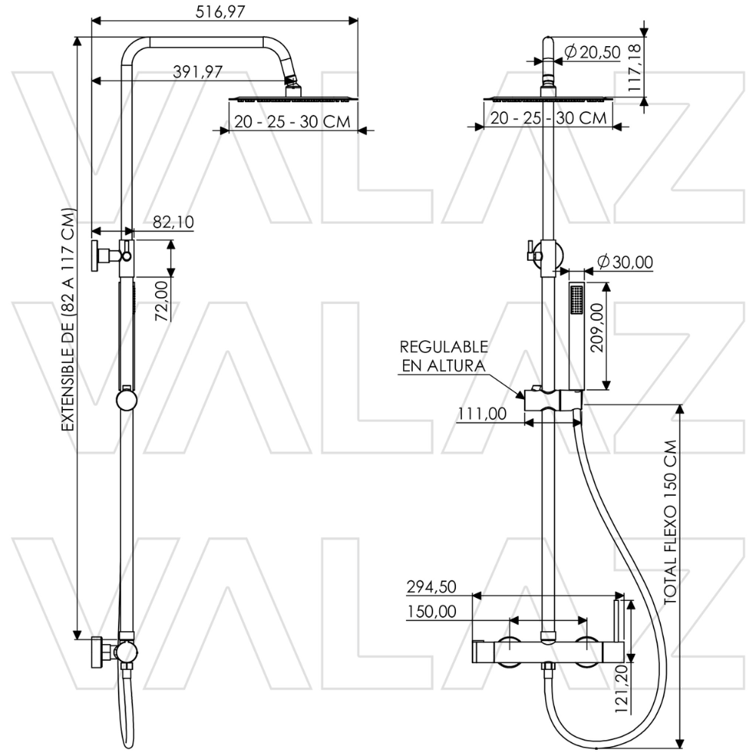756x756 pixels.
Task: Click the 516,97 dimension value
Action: (x=225, y=11)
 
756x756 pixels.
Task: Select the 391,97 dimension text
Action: (x=197, y=72)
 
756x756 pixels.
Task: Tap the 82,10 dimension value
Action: (x=173, y=222)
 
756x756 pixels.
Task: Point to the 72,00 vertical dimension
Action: (x=161, y=300)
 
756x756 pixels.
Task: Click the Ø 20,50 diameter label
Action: (x=593, y=51)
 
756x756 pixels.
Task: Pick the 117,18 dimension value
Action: (x=634, y=68)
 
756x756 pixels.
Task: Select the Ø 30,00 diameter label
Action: (x=624, y=262)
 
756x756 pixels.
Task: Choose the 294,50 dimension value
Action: (x=432, y=587)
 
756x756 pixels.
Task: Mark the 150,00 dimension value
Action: (x=432, y=612)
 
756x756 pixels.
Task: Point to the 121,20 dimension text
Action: (x=622, y=690)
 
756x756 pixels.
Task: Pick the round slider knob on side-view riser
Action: (x=126, y=399)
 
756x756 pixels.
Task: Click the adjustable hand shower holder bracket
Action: (x=552, y=398)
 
